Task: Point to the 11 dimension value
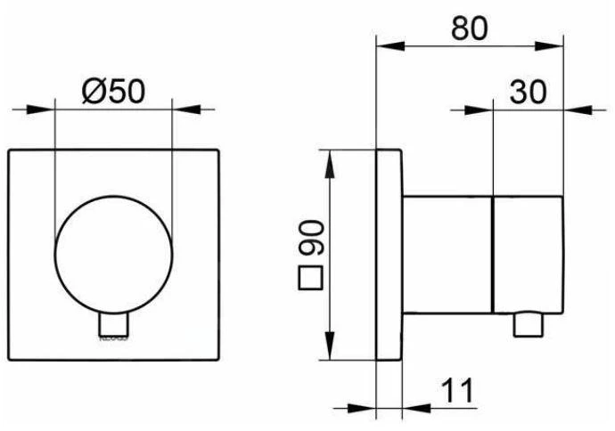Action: [x=453, y=391]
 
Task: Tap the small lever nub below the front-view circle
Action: [x=112, y=326]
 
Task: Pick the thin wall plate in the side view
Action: [x=389, y=256]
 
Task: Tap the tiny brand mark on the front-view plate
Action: [x=113, y=339]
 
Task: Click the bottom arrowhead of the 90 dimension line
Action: [x=332, y=353]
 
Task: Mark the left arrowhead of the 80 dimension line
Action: [x=385, y=45]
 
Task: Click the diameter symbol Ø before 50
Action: [x=93, y=89]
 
